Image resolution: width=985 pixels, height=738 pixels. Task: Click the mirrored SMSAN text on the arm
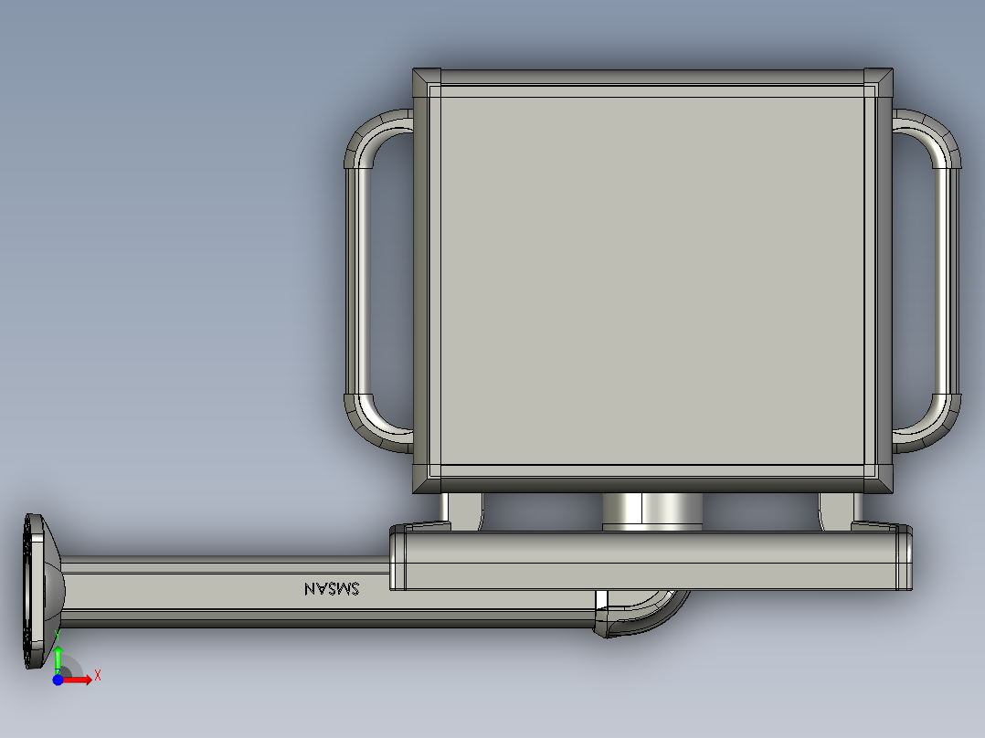(332, 588)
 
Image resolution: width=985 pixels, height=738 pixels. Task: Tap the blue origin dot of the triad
(58, 680)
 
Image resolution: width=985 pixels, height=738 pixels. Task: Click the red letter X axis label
(98, 676)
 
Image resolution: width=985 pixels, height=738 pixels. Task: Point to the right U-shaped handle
(948, 280)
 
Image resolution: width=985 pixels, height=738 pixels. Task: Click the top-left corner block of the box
(427, 82)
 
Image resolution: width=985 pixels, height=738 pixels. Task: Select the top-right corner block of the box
(878, 82)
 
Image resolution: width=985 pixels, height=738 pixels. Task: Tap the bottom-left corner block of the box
(427, 479)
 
